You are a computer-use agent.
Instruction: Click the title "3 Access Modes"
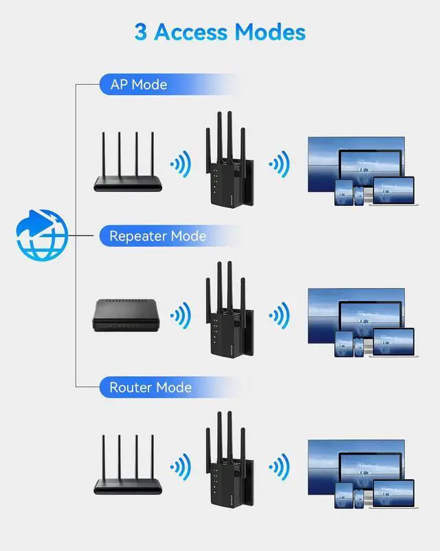pyautogui.click(x=220, y=32)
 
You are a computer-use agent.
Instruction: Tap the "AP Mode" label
pyautogui.click(x=139, y=85)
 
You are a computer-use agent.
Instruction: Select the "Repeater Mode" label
pyautogui.click(x=157, y=236)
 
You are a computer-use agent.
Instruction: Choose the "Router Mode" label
pyautogui.click(x=151, y=388)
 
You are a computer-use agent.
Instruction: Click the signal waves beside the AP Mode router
pyautogui.click(x=181, y=164)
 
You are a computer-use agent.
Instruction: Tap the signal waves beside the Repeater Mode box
pyautogui.click(x=181, y=315)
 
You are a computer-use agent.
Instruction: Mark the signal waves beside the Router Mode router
pyautogui.click(x=181, y=466)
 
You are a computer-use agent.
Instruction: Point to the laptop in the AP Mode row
pyautogui.click(x=393, y=191)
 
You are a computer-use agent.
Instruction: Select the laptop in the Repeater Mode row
pyautogui.click(x=393, y=342)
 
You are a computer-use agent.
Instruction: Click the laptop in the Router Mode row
pyautogui.click(x=393, y=494)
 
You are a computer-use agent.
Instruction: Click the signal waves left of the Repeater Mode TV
pyautogui.click(x=278, y=315)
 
